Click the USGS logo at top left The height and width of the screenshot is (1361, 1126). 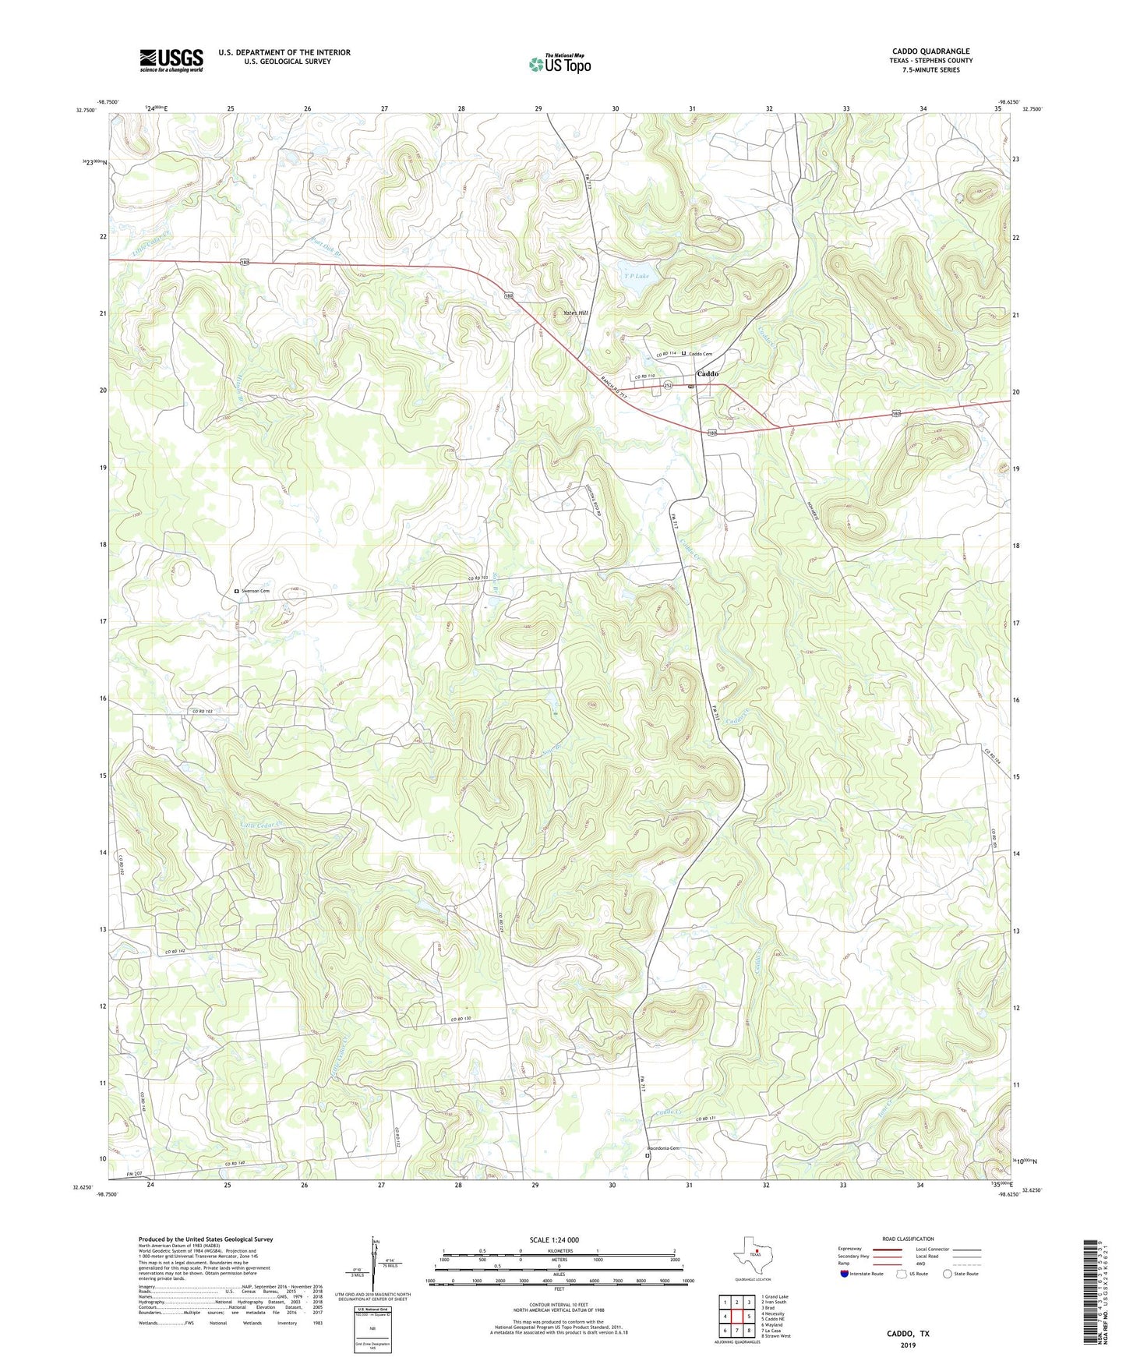pyautogui.click(x=171, y=59)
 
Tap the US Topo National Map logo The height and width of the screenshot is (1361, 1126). pyautogui.click(x=559, y=64)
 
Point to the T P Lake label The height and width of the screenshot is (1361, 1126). pyautogui.click(x=636, y=276)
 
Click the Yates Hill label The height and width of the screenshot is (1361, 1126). pyautogui.click(x=576, y=313)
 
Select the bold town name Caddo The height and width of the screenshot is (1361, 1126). pyautogui.click(x=708, y=374)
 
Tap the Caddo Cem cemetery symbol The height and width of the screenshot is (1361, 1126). pyautogui.click(x=684, y=353)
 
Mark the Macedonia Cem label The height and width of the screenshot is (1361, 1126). pyautogui.click(x=662, y=1148)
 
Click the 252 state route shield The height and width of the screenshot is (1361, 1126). pyautogui.click(x=668, y=386)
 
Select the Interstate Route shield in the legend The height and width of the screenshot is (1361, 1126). pyautogui.click(x=845, y=1274)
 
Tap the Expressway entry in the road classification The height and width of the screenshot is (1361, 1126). pyautogui.click(x=850, y=1249)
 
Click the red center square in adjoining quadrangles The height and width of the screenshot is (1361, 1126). pyautogui.click(x=736, y=1317)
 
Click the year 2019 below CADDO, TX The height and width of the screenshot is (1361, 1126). pyautogui.click(x=908, y=1345)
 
